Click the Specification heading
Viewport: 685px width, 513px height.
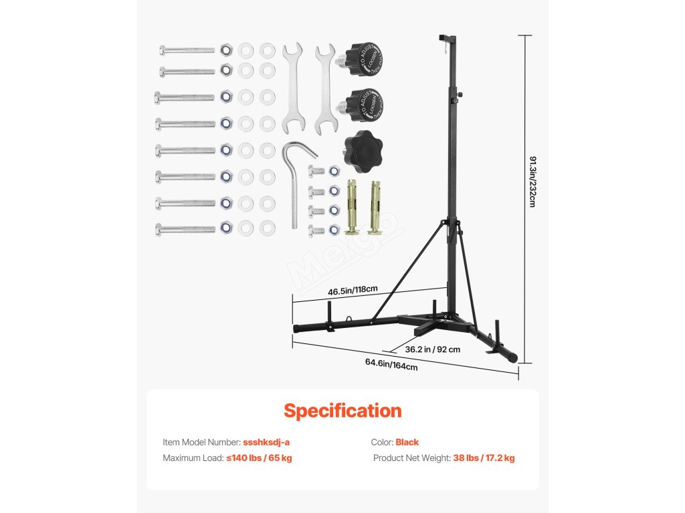click(x=342, y=410)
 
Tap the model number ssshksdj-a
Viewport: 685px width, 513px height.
click(x=266, y=442)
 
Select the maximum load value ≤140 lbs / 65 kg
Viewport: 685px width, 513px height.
click(x=259, y=458)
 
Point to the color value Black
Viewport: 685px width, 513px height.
click(x=407, y=442)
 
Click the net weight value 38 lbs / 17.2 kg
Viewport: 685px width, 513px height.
click(x=484, y=458)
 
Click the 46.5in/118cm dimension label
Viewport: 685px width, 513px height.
click(x=353, y=291)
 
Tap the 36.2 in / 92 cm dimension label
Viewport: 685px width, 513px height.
click(x=433, y=349)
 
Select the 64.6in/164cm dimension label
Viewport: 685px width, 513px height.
click(x=391, y=364)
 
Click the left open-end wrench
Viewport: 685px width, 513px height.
click(x=292, y=85)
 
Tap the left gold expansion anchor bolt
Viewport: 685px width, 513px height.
click(x=353, y=206)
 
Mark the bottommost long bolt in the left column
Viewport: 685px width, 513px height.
click(x=185, y=228)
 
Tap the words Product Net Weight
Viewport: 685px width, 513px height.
click(x=412, y=458)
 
